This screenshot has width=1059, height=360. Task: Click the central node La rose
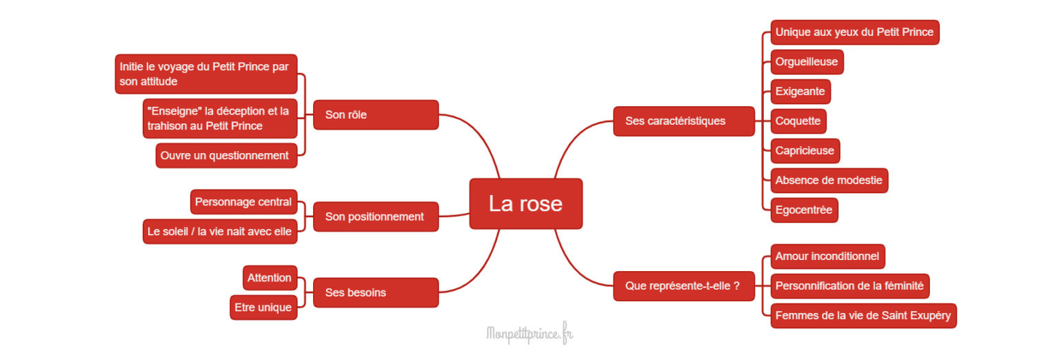(525, 203)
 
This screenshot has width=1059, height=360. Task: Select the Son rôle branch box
(376, 114)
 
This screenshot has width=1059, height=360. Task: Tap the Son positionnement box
(376, 217)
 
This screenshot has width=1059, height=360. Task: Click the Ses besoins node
(376, 292)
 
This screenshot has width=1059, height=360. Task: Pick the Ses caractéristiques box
(683, 121)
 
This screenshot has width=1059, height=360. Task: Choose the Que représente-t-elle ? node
(683, 286)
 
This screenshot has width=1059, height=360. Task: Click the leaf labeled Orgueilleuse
(807, 61)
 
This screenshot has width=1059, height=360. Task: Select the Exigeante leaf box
(800, 91)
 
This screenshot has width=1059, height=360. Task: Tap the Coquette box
(798, 121)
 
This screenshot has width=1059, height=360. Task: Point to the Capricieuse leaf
(805, 150)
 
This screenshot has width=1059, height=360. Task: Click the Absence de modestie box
(829, 180)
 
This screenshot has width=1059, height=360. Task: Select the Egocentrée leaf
(804, 210)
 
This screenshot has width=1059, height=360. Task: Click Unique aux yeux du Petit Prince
(854, 32)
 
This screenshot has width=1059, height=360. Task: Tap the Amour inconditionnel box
(827, 256)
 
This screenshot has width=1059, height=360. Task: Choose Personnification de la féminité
(850, 286)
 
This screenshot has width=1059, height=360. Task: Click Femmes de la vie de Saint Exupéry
(863, 315)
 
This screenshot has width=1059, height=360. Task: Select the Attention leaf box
(270, 278)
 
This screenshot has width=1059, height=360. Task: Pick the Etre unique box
(263, 308)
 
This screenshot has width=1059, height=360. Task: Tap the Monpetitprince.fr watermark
(529, 334)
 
